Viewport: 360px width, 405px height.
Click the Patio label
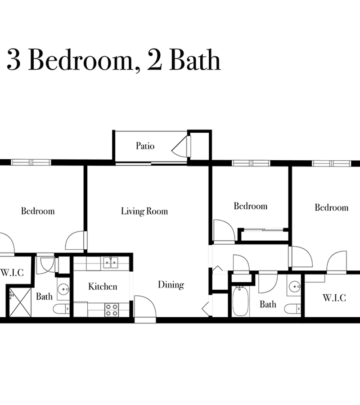point(145,146)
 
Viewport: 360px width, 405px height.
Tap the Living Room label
point(144,211)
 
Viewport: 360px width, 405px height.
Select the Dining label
point(171,285)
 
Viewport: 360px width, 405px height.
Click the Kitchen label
point(103,287)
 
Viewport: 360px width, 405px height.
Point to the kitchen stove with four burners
point(112,310)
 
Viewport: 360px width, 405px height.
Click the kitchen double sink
point(111,263)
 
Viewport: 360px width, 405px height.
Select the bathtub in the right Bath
point(240,301)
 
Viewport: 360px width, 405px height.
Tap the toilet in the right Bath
point(292,309)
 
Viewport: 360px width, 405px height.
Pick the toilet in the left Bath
point(62,309)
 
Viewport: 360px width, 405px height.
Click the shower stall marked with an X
point(20,302)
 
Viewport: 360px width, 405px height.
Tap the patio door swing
point(181,146)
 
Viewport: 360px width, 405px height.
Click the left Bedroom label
point(38,211)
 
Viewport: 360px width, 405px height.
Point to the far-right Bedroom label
point(332,207)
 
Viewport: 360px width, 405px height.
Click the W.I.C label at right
point(334,298)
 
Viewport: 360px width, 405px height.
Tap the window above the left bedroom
point(31,162)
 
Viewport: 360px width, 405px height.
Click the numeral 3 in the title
point(13,60)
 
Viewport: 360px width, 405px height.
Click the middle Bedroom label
point(251,206)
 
